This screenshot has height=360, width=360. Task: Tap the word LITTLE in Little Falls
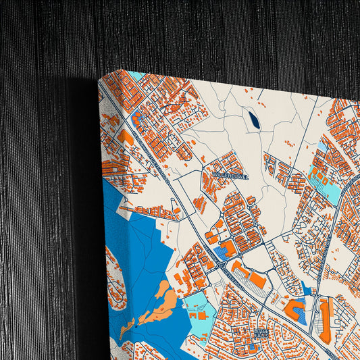pos(262,331)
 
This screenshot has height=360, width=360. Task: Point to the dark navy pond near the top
pos(254,121)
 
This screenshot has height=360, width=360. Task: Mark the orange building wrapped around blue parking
pos(295,310)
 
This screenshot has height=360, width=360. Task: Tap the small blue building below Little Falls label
pos(252,347)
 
